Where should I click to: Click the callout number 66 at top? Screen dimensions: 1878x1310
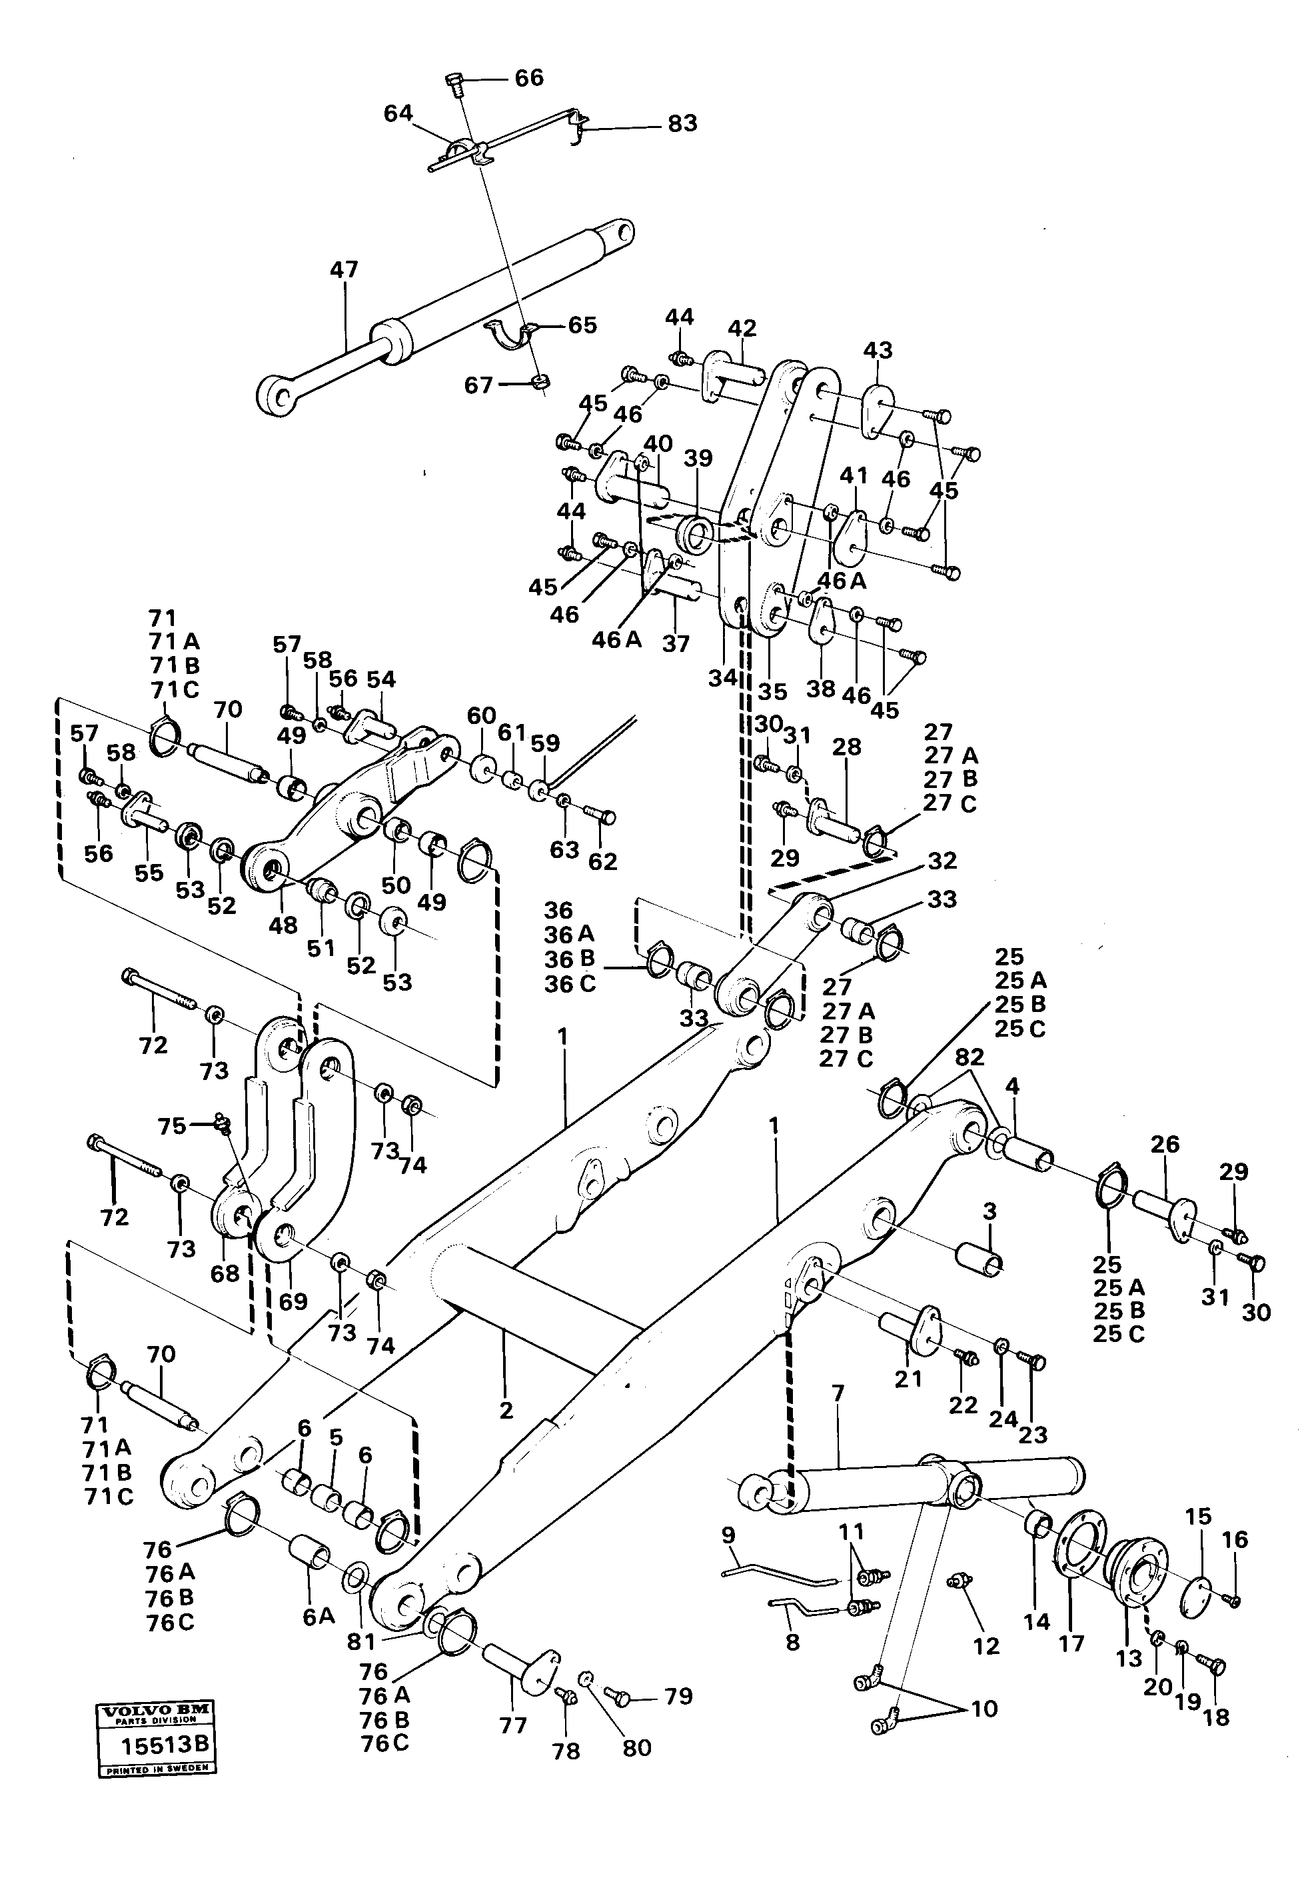(528, 78)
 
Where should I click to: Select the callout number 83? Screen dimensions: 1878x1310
(682, 123)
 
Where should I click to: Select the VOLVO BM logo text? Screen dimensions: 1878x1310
(155, 1733)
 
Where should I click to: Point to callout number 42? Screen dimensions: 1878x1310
(742, 328)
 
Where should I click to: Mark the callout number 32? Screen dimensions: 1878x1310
(942, 861)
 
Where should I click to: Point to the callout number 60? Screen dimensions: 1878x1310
(481, 716)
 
